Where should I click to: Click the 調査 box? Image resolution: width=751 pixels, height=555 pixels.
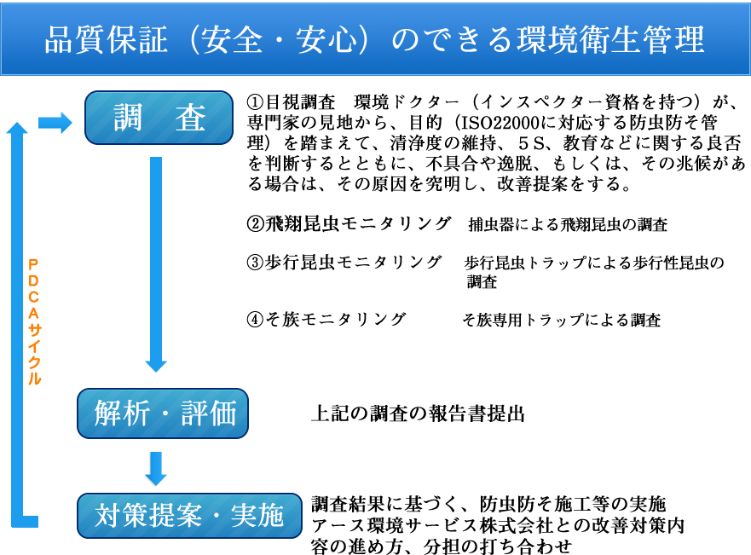(159, 118)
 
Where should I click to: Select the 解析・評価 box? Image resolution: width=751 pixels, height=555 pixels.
(163, 413)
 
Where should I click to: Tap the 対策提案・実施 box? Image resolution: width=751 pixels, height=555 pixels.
(189, 516)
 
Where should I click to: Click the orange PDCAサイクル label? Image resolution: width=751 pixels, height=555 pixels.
(33, 321)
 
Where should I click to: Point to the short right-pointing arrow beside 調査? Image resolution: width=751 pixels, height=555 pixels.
(55, 123)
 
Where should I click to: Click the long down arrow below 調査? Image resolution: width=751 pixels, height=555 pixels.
(156, 264)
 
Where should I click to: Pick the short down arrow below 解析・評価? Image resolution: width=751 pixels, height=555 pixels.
(156, 468)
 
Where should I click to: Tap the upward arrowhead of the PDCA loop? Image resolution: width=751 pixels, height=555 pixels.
(17, 129)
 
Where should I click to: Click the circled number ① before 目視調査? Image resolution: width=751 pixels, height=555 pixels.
(255, 102)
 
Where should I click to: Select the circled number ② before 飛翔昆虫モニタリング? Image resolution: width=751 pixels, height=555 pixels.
(255, 223)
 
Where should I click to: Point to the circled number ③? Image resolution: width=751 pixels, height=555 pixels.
(255, 263)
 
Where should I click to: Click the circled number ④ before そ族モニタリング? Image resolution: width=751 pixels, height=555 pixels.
(255, 320)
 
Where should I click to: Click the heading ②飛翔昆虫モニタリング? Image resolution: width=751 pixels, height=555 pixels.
(349, 223)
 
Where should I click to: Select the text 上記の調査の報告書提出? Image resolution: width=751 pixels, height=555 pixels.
(419, 413)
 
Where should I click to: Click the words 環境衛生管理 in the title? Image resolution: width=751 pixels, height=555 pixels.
(610, 39)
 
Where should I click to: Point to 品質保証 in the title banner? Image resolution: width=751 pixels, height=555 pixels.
(107, 39)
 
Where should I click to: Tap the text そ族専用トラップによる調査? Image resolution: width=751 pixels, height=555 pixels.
(562, 320)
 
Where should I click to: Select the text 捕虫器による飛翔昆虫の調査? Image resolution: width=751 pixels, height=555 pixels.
(568, 224)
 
